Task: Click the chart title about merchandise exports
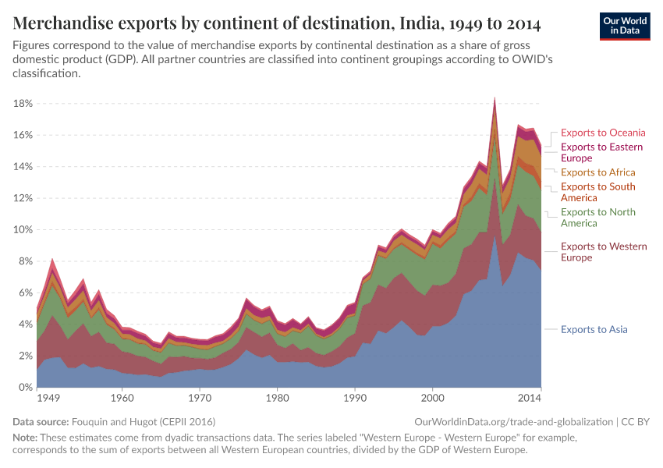(x=278, y=23)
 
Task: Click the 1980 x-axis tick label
(x=277, y=398)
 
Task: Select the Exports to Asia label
(x=594, y=329)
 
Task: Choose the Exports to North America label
(x=597, y=218)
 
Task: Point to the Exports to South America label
(x=597, y=192)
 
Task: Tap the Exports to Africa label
(x=597, y=172)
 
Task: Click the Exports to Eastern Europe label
(x=601, y=152)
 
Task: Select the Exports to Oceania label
(x=603, y=133)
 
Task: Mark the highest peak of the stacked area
(x=495, y=99)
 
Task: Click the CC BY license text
(x=639, y=421)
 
